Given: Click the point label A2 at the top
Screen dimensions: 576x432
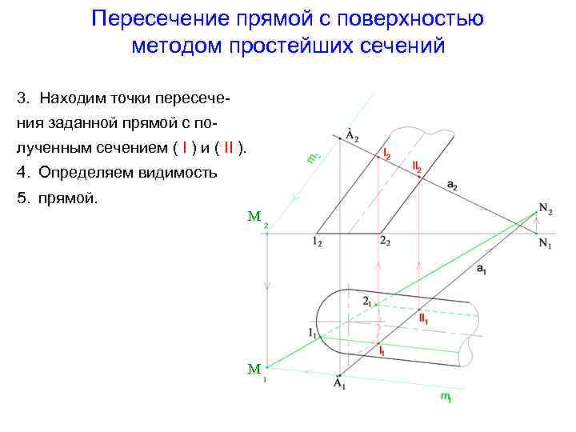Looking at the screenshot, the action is coord(351,134).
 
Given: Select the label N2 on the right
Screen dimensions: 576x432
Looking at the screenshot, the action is coord(546,209).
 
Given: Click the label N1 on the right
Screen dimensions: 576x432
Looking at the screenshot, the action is coord(545,244).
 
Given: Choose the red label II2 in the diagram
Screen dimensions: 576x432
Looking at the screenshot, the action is coord(417,166).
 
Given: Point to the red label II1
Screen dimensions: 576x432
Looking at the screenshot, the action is coord(424,318).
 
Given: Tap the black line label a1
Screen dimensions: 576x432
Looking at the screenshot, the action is coord(481,270).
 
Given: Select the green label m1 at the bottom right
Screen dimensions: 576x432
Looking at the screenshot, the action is coord(446,397).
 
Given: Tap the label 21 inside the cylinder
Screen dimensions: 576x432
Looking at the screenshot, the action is coord(367,302).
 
